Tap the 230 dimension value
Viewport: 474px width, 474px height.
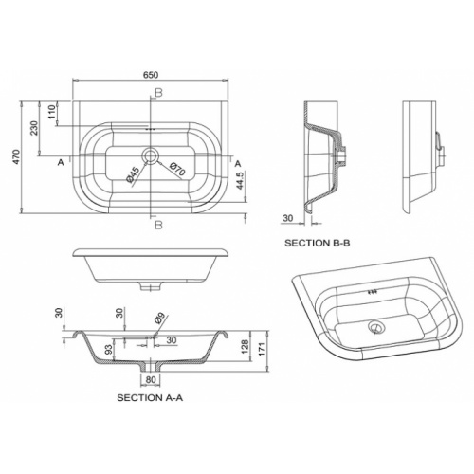[x=35, y=129]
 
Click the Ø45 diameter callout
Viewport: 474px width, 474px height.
[x=134, y=173]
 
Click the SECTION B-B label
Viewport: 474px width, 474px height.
[x=318, y=243]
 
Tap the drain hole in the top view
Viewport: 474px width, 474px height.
[x=152, y=155]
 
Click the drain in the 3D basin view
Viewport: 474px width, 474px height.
[x=378, y=326]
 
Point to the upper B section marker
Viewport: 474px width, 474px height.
[x=158, y=91]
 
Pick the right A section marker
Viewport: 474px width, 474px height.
[x=238, y=162]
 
